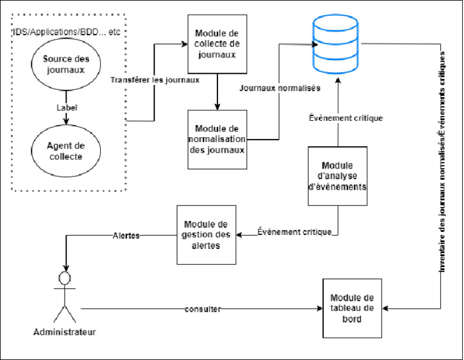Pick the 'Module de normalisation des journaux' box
pyautogui.click(x=217, y=140)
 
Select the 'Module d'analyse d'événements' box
pyautogui.click(x=337, y=176)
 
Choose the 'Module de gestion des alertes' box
pyautogui.click(x=206, y=234)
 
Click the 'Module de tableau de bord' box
pyautogui.click(x=352, y=308)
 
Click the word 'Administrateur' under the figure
pyautogui.click(x=65, y=332)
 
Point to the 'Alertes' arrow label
pyautogui.click(x=127, y=236)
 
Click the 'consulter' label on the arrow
pyautogui.click(x=203, y=309)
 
